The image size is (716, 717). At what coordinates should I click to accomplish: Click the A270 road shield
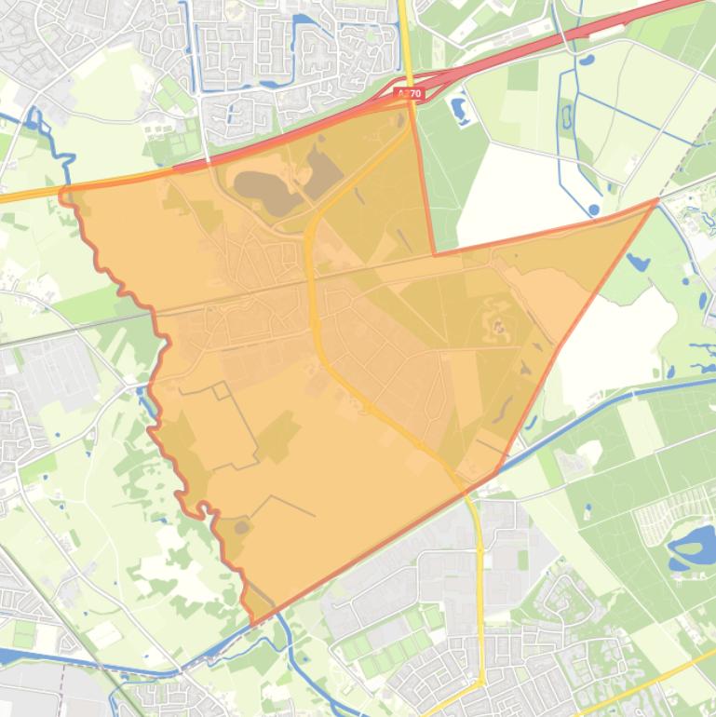(x=409, y=93)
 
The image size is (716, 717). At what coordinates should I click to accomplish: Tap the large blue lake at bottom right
(x=693, y=546)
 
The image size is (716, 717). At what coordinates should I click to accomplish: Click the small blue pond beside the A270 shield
(x=458, y=110)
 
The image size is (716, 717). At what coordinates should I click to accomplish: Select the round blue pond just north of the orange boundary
(x=594, y=210)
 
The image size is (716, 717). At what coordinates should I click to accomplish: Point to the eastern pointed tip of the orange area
(x=657, y=199)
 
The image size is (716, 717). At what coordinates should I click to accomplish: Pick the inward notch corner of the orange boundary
(x=435, y=253)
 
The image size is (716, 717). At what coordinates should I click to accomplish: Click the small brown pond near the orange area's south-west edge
(x=242, y=528)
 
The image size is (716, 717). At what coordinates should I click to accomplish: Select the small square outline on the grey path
(x=222, y=390)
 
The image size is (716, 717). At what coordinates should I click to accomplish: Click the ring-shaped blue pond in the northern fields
(x=567, y=116)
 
